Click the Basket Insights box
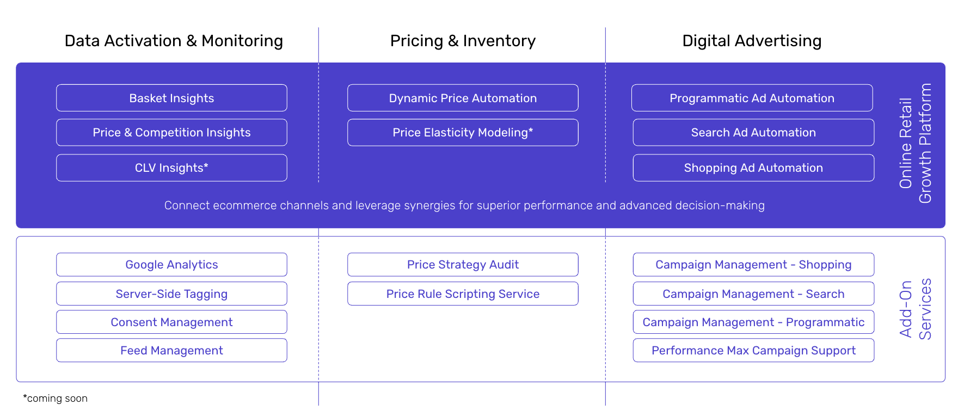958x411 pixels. coord(171,98)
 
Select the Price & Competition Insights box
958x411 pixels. coord(171,133)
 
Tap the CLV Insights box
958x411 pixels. coord(171,168)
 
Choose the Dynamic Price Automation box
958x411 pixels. coord(463,98)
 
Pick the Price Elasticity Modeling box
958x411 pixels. coord(463,133)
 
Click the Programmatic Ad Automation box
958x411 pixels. coord(752,98)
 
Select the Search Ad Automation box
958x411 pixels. coord(753,133)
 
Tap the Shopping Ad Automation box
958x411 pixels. coord(753,168)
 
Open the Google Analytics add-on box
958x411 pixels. coord(171,265)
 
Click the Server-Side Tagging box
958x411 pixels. coord(171,294)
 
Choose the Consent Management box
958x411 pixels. coord(171,322)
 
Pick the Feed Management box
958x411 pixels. coord(171,350)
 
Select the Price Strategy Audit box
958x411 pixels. coord(463,265)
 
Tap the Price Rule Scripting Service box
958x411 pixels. coord(463,294)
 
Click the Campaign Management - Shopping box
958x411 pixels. coord(753,265)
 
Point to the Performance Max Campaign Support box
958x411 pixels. coord(753,350)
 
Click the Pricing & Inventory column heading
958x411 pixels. coord(463,41)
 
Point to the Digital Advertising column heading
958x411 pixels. coord(752,41)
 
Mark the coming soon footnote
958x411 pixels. coord(55,398)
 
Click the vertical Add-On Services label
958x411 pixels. coord(916,309)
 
